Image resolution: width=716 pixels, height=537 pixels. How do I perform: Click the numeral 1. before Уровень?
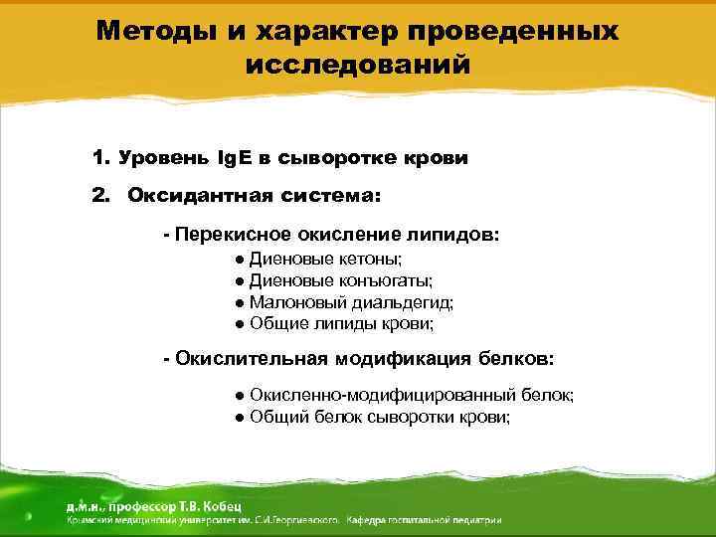(99, 158)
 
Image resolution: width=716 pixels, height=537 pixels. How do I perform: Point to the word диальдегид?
(402, 302)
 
